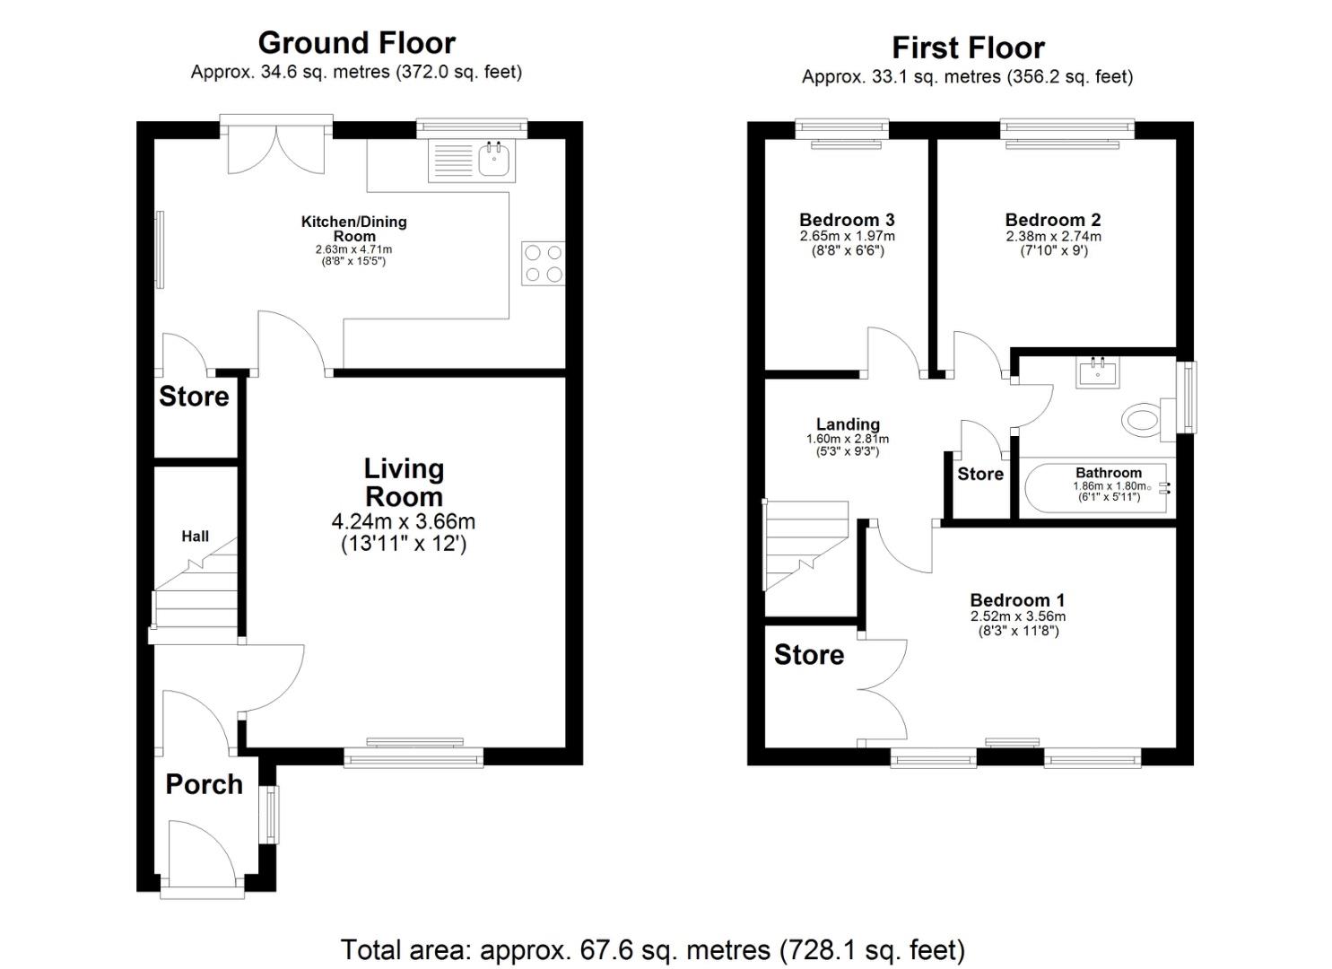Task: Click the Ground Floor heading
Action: tap(357, 43)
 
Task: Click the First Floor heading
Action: tap(968, 48)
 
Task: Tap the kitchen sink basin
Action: tap(493, 160)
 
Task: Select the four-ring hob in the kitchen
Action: tap(544, 264)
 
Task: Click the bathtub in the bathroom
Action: tap(1098, 488)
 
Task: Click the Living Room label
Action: tap(404, 483)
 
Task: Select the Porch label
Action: tap(204, 784)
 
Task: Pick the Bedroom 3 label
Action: tap(847, 220)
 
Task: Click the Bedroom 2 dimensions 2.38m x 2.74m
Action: tap(1053, 236)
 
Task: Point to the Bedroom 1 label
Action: tap(1017, 599)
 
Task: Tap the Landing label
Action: tap(848, 424)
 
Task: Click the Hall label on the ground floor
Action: tap(195, 536)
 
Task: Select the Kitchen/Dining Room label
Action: tap(353, 229)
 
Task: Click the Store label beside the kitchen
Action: tap(194, 397)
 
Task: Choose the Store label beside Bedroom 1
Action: tap(809, 654)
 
